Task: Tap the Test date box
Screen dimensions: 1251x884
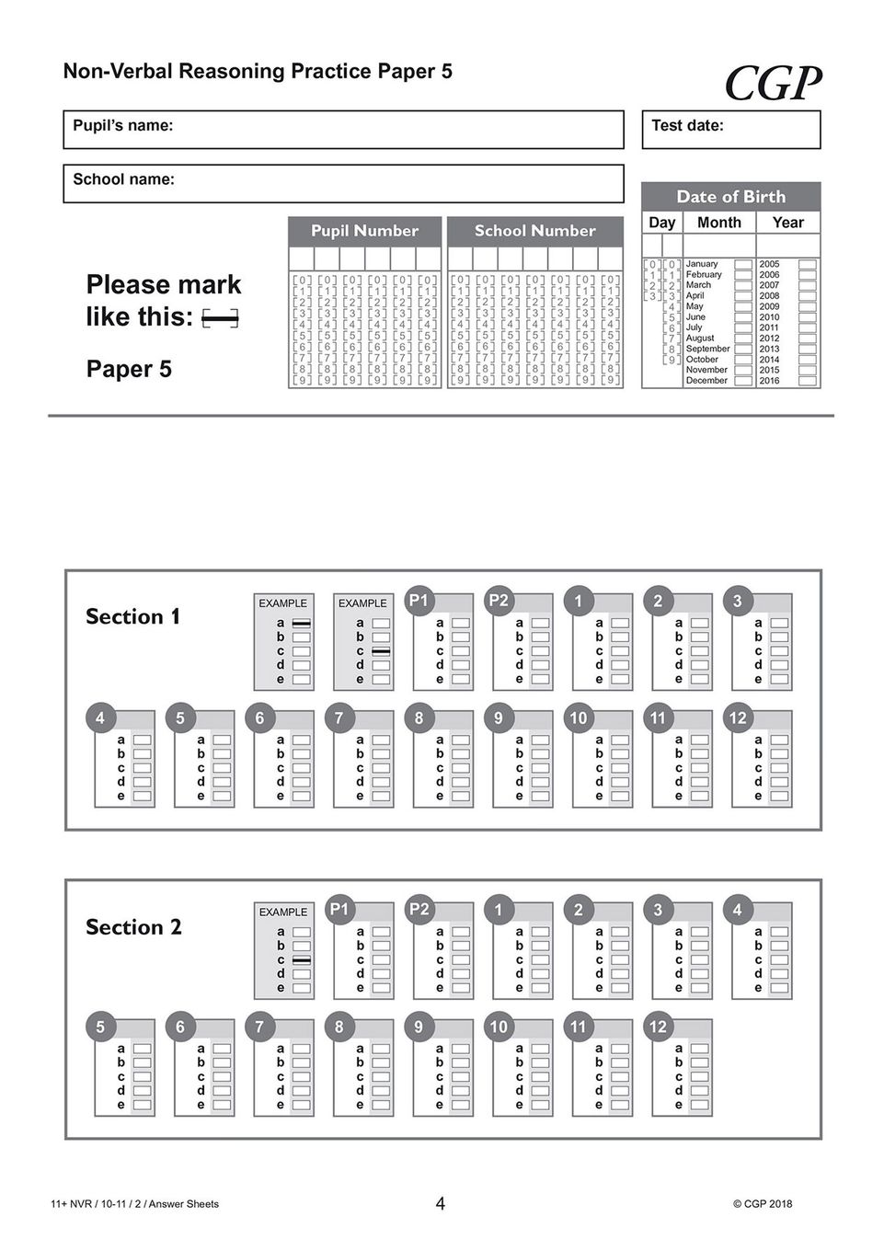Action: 730,130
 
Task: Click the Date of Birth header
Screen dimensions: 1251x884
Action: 730,196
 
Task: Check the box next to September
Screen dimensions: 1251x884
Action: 743,349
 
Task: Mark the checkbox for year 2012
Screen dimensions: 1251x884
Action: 807,339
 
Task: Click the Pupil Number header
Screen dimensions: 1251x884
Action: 364,231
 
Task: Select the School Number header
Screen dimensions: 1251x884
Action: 534,231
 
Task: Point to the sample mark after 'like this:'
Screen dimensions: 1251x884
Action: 220,319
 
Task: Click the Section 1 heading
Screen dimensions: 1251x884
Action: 132,616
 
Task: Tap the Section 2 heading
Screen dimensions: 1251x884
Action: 133,927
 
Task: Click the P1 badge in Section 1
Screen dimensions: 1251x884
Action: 419,601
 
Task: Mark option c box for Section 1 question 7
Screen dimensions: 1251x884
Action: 381,768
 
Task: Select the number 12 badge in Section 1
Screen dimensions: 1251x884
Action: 738,717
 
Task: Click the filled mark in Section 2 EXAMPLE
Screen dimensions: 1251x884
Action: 301,960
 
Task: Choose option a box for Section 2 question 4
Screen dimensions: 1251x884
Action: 779,932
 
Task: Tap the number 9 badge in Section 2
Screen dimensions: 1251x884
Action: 419,1027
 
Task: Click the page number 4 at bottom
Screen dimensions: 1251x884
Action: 441,1203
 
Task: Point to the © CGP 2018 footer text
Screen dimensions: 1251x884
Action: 762,1204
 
